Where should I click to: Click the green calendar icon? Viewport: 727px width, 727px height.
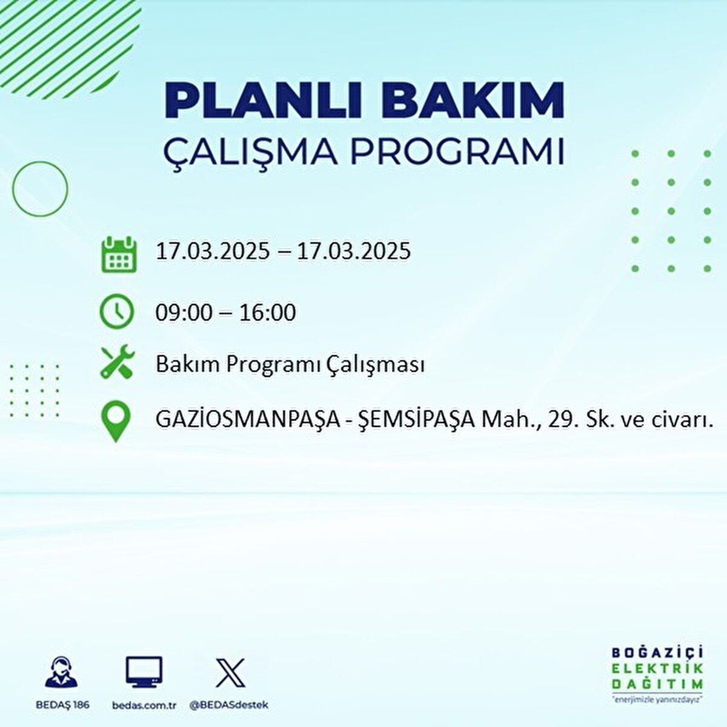[x=119, y=254]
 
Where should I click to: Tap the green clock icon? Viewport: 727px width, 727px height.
[x=116, y=311]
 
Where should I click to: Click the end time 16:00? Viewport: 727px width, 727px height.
[x=268, y=313]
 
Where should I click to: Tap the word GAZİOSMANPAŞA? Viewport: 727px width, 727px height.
[x=247, y=419]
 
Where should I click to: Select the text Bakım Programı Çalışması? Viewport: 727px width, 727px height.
[x=290, y=365]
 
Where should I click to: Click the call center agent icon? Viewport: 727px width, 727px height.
[x=62, y=673]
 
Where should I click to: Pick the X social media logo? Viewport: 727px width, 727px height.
[x=231, y=672]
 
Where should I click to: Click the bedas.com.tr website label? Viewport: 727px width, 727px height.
[x=144, y=705]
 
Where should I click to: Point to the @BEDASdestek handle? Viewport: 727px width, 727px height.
[x=228, y=705]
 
